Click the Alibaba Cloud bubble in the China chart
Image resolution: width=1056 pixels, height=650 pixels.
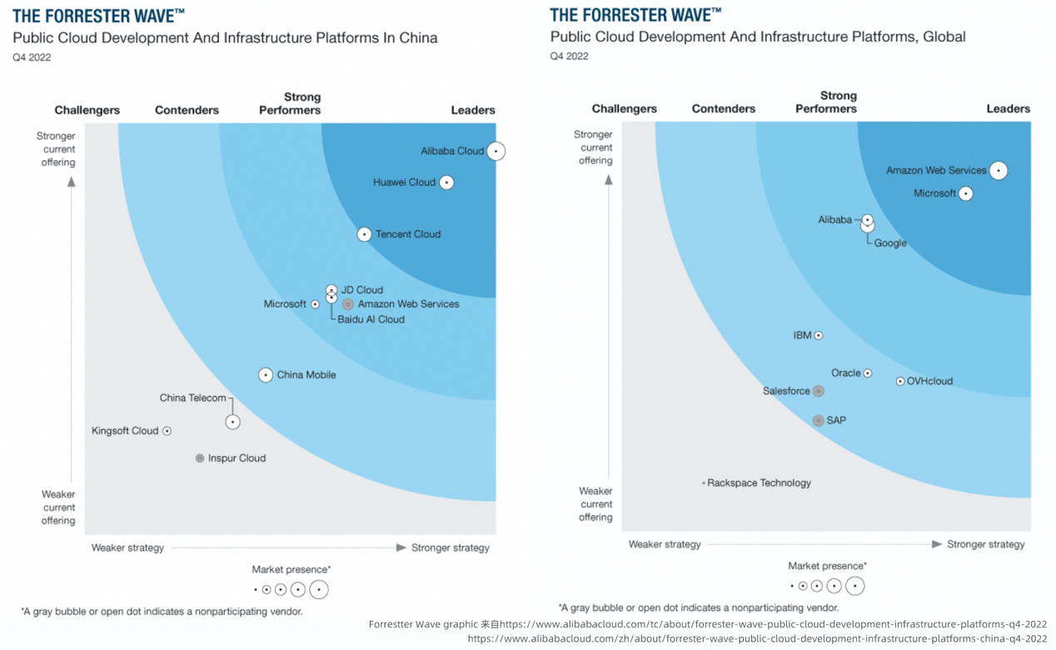(x=496, y=151)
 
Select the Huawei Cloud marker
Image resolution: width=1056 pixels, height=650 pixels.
(x=446, y=182)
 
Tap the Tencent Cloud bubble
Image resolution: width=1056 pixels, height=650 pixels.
(x=364, y=234)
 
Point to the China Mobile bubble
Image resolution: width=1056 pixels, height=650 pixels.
(x=266, y=375)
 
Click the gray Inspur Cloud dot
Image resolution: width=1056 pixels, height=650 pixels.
(x=200, y=458)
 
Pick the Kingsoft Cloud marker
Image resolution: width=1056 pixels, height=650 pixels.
(x=167, y=431)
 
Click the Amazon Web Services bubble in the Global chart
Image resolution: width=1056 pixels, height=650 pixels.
(x=999, y=170)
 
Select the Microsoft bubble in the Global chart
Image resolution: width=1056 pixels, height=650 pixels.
(x=965, y=193)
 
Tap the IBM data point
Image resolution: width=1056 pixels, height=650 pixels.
(x=819, y=335)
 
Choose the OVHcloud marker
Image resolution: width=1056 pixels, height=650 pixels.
(x=900, y=381)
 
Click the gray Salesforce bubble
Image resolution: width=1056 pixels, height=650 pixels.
(x=819, y=391)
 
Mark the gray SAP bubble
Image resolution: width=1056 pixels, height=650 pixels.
(x=819, y=421)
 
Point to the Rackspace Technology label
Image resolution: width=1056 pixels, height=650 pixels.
(x=759, y=483)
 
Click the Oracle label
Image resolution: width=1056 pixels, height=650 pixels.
(x=845, y=372)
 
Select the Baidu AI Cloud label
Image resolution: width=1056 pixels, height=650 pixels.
(x=371, y=319)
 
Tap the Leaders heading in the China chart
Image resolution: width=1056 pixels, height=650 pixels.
(x=473, y=110)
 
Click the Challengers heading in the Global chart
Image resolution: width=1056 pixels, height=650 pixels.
(x=624, y=108)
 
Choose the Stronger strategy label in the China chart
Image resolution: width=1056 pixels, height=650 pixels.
(x=451, y=547)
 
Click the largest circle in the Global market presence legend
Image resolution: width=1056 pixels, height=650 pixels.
(x=854, y=586)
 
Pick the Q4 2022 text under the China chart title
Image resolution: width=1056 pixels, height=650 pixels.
(x=32, y=57)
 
